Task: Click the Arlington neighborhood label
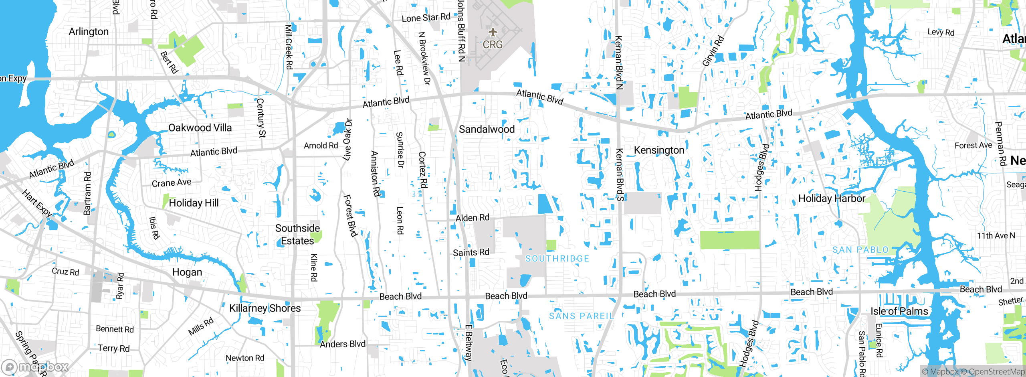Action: [x=89, y=32]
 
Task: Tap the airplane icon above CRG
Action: [x=493, y=32]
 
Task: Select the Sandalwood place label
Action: [x=487, y=129]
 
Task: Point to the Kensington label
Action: [x=659, y=150]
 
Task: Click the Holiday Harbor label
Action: [x=832, y=199]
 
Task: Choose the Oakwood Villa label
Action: [x=200, y=128]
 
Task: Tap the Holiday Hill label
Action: [x=194, y=203]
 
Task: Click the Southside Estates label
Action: [x=297, y=235]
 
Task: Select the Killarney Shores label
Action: [x=265, y=308]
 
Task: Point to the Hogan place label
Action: [x=187, y=272]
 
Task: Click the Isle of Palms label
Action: [x=899, y=311]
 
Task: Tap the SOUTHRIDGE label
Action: [x=557, y=259]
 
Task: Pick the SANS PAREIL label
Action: [x=581, y=316]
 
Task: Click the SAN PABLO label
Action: [x=860, y=250]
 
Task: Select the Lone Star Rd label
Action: [x=426, y=18]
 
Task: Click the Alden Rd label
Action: [x=473, y=218]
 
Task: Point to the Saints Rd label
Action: [x=471, y=252]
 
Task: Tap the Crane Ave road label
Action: [x=172, y=183]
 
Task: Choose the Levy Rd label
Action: [x=941, y=32]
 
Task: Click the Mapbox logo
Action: [x=35, y=367]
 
